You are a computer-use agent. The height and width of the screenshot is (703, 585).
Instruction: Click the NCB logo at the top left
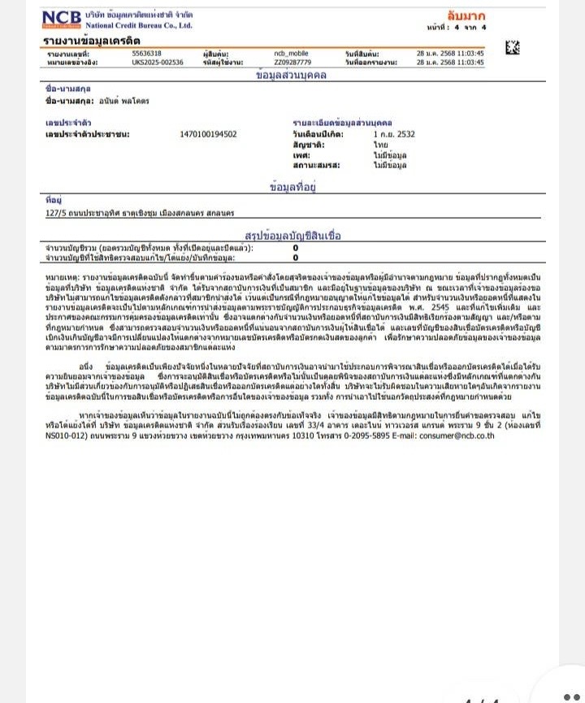[x=61, y=20]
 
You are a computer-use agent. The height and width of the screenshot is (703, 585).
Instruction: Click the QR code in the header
[x=512, y=47]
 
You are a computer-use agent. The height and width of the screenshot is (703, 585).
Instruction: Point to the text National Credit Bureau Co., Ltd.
[x=139, y=25]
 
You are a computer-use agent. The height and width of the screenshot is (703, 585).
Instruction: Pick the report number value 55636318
[x=146, y=54]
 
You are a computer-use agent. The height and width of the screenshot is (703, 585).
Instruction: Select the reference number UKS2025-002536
[x=157, y=62]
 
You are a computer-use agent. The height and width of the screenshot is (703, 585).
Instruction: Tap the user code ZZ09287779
[x=292, y=62]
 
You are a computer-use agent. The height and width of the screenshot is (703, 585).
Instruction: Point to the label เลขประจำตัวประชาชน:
[x=88, y=134]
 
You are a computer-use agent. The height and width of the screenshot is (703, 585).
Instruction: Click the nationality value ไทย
[x=380, y=144]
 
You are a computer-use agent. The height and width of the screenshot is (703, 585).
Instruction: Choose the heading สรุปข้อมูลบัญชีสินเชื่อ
[x=292, y=236]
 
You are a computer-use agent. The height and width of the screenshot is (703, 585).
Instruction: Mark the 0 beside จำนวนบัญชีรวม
[x=295, y=247]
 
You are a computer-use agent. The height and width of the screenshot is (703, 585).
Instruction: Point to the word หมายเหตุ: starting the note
[x=63, y=278]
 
